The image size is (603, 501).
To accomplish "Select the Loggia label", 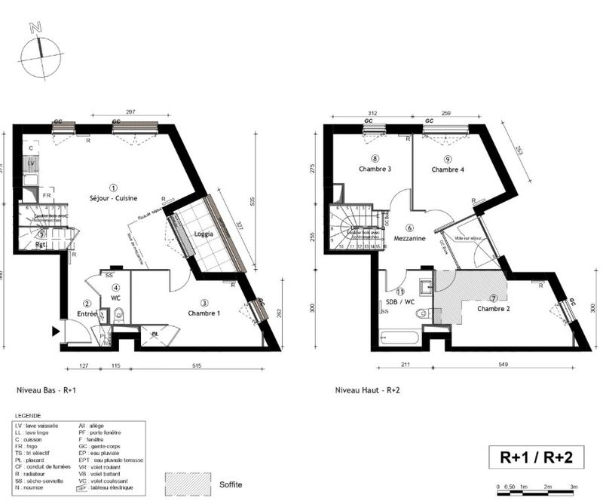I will point(203,234).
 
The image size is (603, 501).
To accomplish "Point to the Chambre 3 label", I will point(375,170).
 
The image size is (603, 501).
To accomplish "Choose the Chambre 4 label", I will point(447,170).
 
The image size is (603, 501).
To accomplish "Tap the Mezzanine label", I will point(409,238).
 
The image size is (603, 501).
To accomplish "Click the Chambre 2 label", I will point(494,309).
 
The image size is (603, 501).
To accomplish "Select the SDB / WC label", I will point(400,301).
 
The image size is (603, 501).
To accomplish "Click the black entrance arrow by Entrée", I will point(56,331).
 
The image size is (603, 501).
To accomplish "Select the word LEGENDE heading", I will point(29,416).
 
